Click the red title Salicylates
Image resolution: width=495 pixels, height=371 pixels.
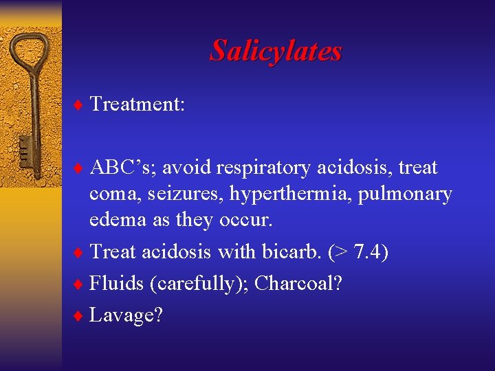(x=276, y=51)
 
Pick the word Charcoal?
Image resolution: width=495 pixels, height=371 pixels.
(x=298, y=283)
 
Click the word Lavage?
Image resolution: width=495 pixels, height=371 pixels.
(x=126, y=315)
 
